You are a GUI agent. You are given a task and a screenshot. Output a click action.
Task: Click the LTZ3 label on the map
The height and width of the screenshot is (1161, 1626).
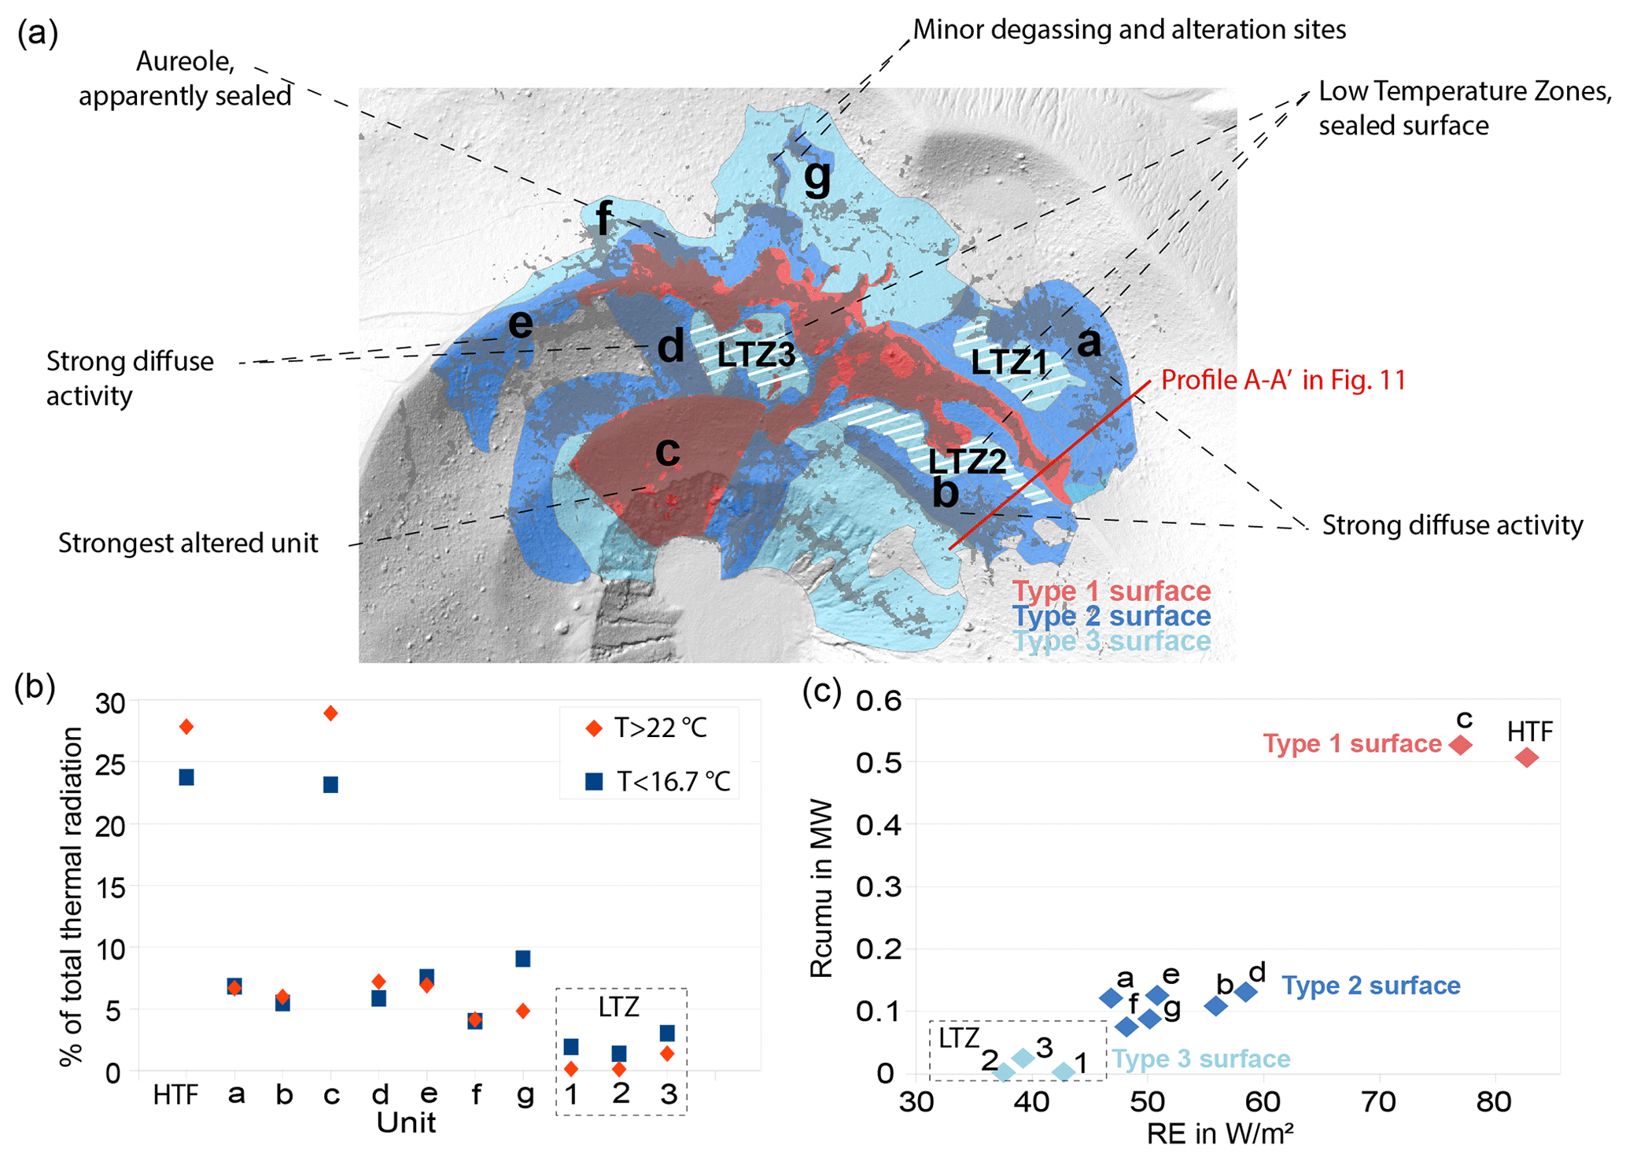756,356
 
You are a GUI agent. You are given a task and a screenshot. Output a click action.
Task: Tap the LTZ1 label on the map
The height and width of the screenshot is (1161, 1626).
1009,363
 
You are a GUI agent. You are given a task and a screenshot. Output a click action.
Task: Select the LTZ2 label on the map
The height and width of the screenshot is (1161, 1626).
967,462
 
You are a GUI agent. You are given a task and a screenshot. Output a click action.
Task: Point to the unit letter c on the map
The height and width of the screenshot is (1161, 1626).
668,451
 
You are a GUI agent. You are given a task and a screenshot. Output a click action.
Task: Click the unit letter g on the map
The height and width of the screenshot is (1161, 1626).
817,176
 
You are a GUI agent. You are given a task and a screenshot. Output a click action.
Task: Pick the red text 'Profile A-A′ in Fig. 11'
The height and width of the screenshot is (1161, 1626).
1283,381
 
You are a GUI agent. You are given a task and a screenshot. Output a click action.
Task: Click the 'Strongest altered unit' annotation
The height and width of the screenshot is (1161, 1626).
188,544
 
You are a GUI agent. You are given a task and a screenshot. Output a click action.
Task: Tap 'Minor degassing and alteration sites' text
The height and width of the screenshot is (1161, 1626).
1129,30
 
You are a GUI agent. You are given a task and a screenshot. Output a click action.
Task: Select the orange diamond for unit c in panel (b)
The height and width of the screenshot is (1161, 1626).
331,713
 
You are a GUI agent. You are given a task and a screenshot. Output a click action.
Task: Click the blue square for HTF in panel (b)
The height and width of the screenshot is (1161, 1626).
186,777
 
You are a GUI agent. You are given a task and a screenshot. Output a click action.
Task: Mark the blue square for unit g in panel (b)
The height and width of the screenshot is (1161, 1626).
522,958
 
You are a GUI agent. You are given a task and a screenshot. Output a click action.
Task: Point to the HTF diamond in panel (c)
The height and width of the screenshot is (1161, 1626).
1527,757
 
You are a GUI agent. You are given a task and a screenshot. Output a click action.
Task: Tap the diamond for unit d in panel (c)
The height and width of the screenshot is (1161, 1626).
1245,992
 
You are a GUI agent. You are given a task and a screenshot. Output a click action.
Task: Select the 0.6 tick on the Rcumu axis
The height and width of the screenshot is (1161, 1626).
879,699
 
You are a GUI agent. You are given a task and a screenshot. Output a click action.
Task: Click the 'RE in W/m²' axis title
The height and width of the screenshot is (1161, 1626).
1220,1134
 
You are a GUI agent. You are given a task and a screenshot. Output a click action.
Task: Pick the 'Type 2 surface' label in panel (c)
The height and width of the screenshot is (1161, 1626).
1371,986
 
